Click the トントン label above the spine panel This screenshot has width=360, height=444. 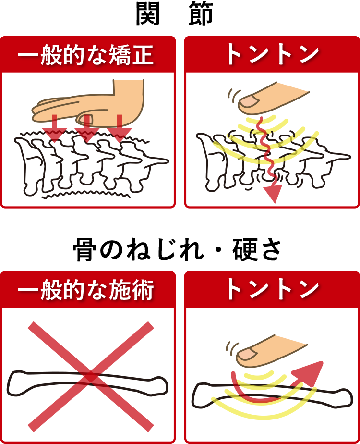point(272,55)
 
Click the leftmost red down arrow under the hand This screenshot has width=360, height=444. point(55,130)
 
